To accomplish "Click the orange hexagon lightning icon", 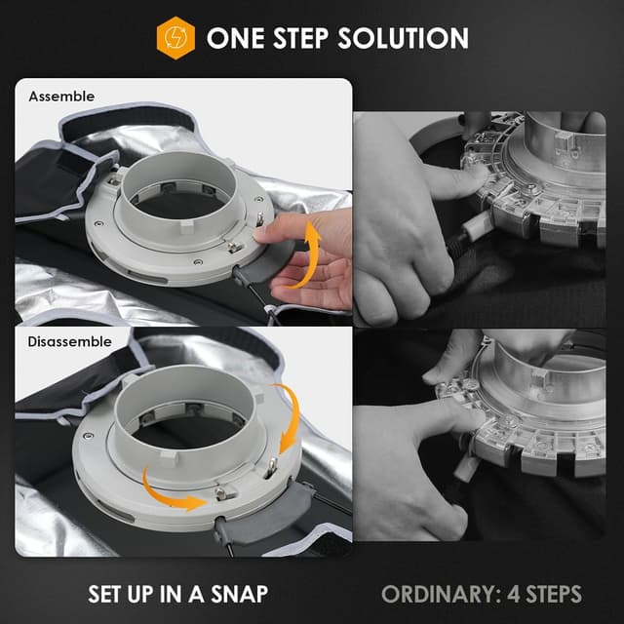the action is point(175,38).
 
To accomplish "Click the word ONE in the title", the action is point(236,38).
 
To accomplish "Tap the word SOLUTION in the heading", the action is point(403,38).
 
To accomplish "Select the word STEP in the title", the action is point(301,38).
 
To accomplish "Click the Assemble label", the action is point(61,97).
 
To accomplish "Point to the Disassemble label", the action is point(69,341).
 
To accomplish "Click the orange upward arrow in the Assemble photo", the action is point(305,254).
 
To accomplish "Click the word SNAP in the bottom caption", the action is point(240,594).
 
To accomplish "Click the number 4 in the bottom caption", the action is point(514,594).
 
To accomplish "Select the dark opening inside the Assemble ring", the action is point(181,206).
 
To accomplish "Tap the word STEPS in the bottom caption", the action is point(554,594).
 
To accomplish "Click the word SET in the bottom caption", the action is point(105,594).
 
